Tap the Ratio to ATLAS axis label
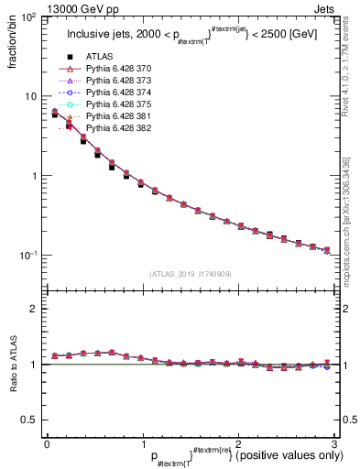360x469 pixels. pos(13,366)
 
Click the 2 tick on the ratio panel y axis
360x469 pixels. pos(33,309)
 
